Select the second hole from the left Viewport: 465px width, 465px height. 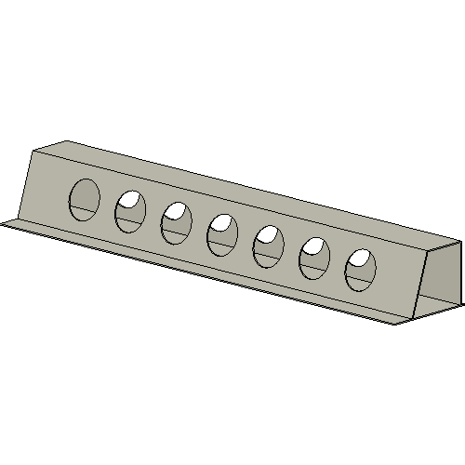pyautogui.click(x=130, y=211)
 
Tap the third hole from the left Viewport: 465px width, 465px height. pyautogui.click(x=176, y=224)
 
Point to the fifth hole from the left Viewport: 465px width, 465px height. pyautogui.click(x=268, y=246)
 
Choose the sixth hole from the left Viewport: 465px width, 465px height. pyautogui.click(x=313, y=259)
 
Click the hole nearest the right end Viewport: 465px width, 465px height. pyautogui.click(x=360, y=271)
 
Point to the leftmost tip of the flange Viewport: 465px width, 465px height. pyautogui.click(x=3, y=222)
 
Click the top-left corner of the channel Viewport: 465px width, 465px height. pyautogui.click(x=35, y=150)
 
